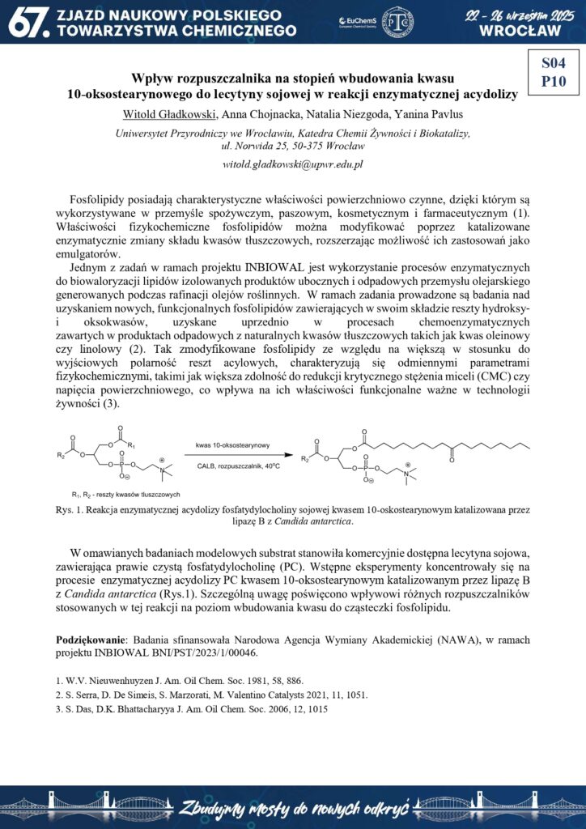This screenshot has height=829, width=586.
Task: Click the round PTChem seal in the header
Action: coord(397,22)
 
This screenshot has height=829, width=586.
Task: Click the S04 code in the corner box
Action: coord(554,62)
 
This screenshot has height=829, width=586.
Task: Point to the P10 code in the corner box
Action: coord(554,80)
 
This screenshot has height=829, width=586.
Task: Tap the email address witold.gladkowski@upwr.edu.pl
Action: coord(292,164)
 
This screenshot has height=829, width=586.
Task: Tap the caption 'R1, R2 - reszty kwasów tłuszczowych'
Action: coord(125,494)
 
